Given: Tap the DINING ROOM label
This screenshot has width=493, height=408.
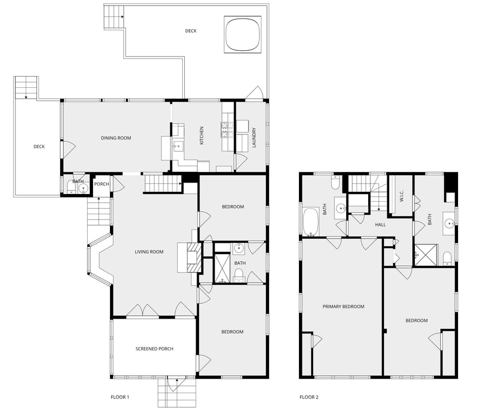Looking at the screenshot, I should pyautogui.click(x=116, y=138).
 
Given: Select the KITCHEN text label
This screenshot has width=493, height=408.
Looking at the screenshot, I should pyautogui.click(x=202, y=135).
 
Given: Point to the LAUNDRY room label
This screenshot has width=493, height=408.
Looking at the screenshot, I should pyautogui.click(x=254, y=138).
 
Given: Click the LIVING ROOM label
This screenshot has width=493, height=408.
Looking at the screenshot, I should pyautogui.click(x=149, y=251).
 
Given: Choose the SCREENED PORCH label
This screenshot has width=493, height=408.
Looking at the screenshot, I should pyautogui.click(x=154, y=349).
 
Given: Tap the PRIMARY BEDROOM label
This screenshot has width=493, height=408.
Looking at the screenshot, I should pyautogui.click(x=343, y=306).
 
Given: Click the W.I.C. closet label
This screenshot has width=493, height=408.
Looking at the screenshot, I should pyautogui.click(x=402, y=196).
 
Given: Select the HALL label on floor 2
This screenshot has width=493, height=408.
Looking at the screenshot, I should pyautogui.click(x=380, y=224).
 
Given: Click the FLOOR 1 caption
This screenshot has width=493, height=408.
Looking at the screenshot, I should pyautogui.click(x=120, y=397).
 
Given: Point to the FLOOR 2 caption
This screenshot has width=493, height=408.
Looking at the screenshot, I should pyautogui.click(x=309, y=397).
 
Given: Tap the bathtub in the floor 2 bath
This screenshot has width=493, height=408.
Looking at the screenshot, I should pyautogui.click(x=311, y=221).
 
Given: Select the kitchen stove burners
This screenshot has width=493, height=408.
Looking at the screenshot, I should pyautogui.click(x=225, y=130).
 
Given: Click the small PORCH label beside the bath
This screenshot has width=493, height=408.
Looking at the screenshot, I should pyautogui.click(x=102, y=184).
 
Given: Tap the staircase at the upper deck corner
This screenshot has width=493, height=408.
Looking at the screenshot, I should pyautogui.click(x=114, y=16).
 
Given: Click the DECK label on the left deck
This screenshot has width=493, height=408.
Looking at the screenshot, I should pyautogui.click(x=39, y=147).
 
